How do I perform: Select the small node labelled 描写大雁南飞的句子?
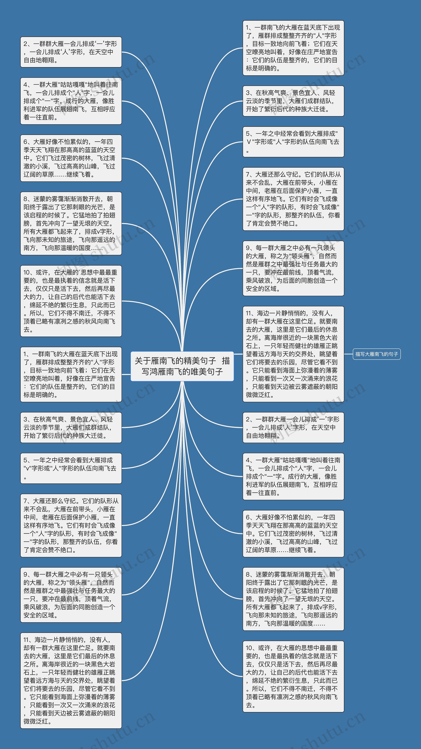[x=377, y=354]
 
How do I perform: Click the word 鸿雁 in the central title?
[x=157, y=372]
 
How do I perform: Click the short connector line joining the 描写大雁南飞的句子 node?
[x=348, y=354]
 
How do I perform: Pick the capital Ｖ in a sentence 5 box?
[x=249, y=142]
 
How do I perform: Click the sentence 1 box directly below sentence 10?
[x=71, y=374]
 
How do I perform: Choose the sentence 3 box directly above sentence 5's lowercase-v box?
[x=71, y=427]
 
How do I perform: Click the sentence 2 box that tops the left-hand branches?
[x=71, y=52]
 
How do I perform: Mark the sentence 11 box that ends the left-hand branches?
[x=71, y=680]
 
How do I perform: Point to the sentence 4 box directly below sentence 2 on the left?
[x=71, y=101]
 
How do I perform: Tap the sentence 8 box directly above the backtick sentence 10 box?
[x=71, y=223]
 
